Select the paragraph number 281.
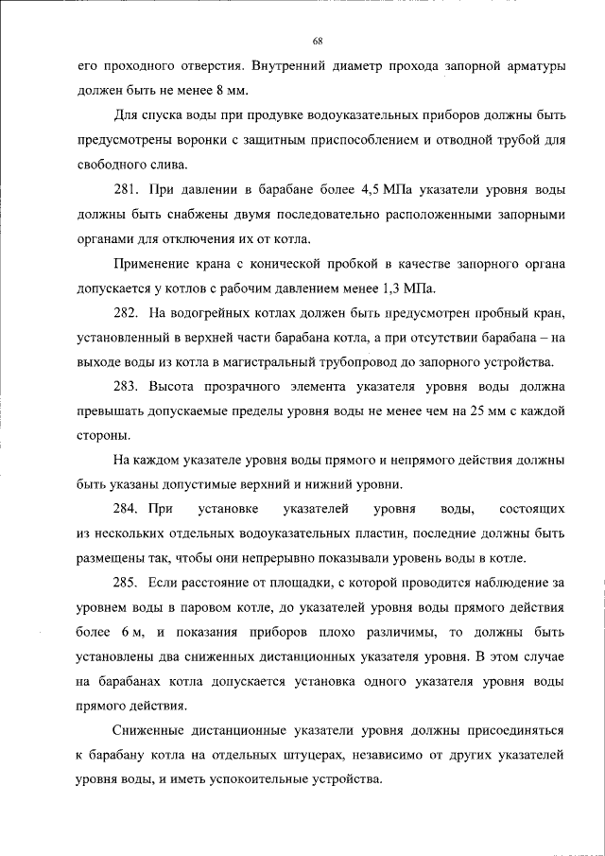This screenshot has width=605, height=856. pyautogui.click(x=128, y=188)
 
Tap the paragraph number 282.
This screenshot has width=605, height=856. pyautogui.click(x=128, y=312)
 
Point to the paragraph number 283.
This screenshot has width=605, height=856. pyautogui.click(x=128, y=386)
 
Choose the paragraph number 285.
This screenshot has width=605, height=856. pyautogui.click(x=128, y=583)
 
